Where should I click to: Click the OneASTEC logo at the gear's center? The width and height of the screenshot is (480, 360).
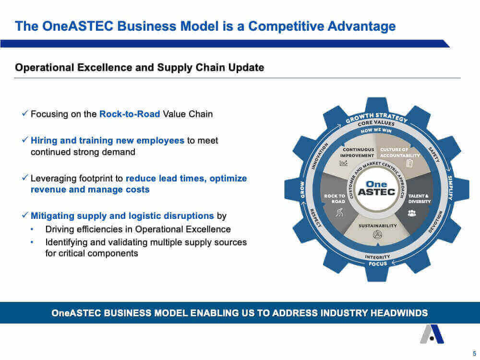click(x=376, y=189)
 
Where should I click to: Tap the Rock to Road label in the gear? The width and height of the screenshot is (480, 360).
click(x=335, y=199)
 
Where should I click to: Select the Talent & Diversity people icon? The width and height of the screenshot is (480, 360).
click(x=412, y=213)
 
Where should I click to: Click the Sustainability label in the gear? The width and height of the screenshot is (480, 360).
click(x=377, y=226)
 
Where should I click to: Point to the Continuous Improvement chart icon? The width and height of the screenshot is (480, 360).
click(x=344, y=163)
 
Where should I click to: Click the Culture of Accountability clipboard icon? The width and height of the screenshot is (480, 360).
click(x=409, y=164)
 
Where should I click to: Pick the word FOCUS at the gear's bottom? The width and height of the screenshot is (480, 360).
click(x=378, y=264)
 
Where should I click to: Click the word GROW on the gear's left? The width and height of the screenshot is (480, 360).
click(x=302, y=190)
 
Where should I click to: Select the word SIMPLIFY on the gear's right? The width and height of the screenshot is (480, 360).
click(x=450, y=188)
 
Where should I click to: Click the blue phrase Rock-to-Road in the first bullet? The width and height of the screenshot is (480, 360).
click(x=130, y=114)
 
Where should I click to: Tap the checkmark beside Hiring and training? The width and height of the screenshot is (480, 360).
click(x=25, y=140)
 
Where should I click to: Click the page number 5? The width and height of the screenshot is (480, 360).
click(x=474, y=353)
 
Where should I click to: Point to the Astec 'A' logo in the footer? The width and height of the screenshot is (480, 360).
click(x=432, y=334)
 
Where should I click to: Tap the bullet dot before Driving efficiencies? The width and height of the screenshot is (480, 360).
click(x=32, y=229)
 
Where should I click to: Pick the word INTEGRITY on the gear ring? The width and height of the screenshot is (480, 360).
click(x=377, y=256)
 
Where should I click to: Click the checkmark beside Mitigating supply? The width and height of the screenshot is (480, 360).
click(x=25, y=215)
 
